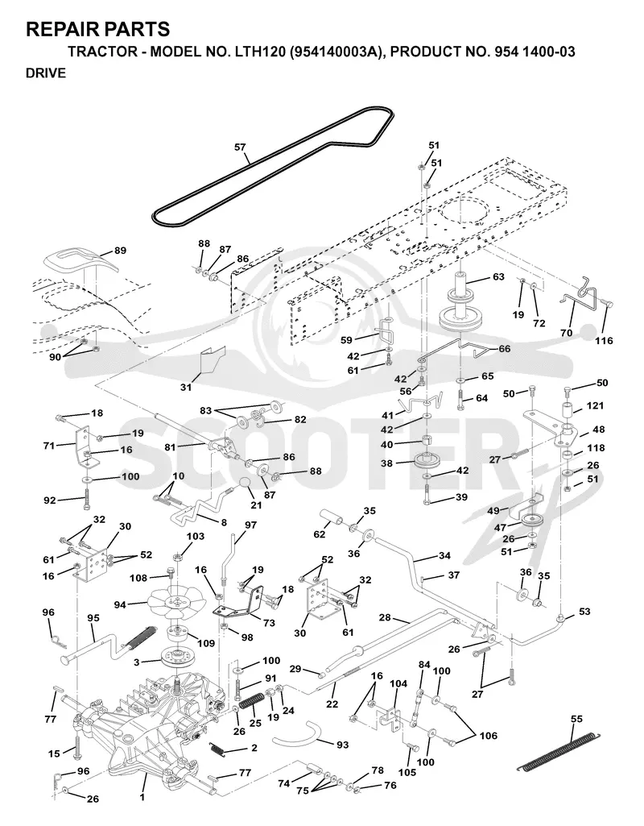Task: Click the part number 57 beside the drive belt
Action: coord(240,147)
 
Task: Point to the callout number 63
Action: coord(497,276)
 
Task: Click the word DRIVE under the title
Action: coord(46,73)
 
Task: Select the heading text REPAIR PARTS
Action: coord(98,29)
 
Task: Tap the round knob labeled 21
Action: coord(243,483)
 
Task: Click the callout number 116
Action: coord(604,340)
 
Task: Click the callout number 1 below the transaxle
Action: coord(142,797)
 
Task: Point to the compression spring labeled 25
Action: coord(251,700)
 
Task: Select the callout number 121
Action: coord(595,405)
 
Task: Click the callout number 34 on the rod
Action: coord(444,555)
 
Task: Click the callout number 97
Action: coord(250,525)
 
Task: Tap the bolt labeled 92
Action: coord(86,499)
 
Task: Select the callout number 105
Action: coord(407,772)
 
